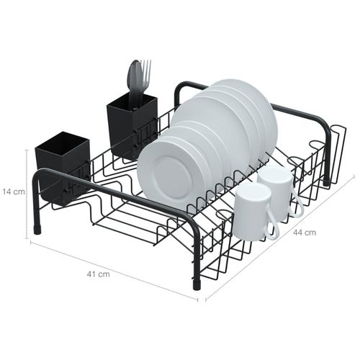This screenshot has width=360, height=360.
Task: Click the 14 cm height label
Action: coord(14,192)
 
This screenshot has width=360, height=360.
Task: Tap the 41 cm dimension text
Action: coord(98,274)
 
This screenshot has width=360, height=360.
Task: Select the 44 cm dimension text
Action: coord(305,233)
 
